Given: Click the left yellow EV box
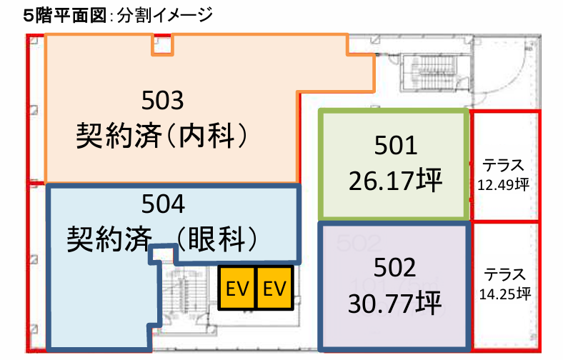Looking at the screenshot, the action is coord(236,288).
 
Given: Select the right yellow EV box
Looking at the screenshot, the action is coord(274,288).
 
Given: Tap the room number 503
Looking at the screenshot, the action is coord(163,100).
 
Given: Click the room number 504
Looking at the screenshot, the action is coord(164,204).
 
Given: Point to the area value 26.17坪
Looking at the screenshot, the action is coord(395,180).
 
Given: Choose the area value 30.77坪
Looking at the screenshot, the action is coord(394,304).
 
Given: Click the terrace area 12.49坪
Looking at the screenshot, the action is coord(503,185).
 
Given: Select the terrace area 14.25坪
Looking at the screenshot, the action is coord(505,294).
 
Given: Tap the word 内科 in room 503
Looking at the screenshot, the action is coord(206,136).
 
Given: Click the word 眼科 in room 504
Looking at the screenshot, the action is coord(216,239).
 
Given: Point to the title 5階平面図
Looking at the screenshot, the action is coord(65,16).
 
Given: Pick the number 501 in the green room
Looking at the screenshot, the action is coord(396,146).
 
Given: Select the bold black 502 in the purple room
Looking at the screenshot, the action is coord(394,267).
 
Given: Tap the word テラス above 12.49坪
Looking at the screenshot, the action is coord(503,166).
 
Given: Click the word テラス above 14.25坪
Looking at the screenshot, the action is coord(505,274).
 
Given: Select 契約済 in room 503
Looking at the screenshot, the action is coord(119,136).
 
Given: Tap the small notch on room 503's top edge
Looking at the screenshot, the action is coord(163,45).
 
